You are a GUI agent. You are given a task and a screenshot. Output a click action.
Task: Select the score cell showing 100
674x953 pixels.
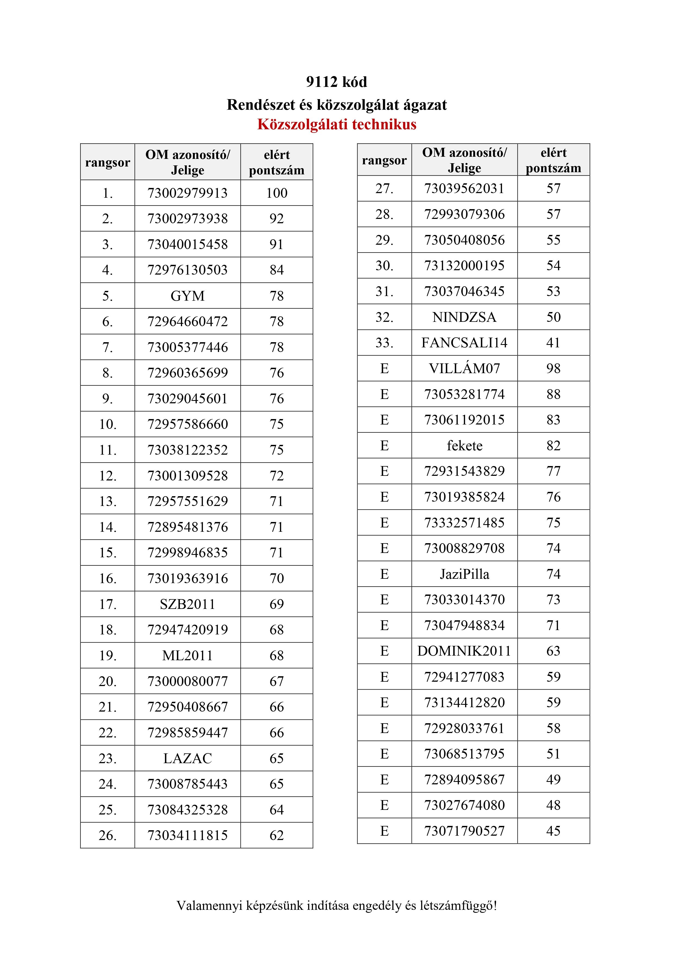tap(277, 193)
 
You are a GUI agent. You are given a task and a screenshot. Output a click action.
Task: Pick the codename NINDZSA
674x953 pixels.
tap(464, 317)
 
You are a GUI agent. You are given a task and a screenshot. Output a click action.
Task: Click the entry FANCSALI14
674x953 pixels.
tap(464, 343)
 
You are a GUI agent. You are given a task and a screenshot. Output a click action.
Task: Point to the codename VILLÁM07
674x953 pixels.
tap(464, 369)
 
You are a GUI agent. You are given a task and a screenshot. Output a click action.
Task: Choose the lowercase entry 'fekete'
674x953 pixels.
tap(464, 446)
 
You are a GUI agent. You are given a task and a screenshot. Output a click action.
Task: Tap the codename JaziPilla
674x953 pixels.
tap(464, 574)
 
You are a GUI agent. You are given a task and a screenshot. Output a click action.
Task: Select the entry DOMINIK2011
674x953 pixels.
tap(464, 651)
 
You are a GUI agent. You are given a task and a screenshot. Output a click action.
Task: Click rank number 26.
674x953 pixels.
tap(108, 835)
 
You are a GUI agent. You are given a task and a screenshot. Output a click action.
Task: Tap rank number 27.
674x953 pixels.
tap(384, 188)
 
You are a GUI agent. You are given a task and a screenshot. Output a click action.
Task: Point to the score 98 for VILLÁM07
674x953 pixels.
tap(553, 369)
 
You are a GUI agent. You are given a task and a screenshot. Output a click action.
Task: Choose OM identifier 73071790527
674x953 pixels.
tap(464, 831)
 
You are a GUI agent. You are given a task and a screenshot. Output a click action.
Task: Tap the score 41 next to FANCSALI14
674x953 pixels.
tap(553, 343)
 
